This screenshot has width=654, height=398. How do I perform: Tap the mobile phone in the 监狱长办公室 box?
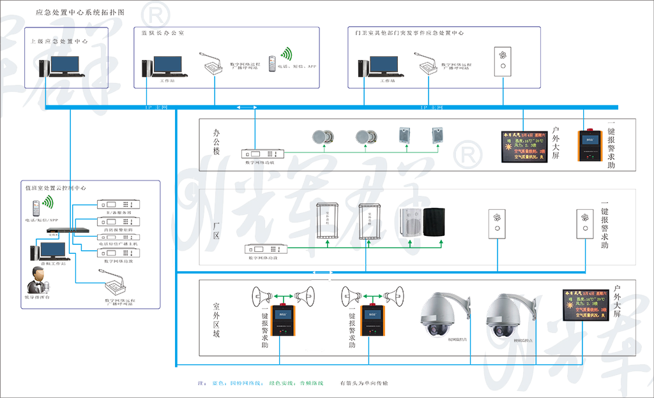pyautogui.click(x=272, y=63)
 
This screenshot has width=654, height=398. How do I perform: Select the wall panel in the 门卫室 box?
pyautogui.click(x=503, y=61)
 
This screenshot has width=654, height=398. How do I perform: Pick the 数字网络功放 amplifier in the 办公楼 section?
pyautogui.click(x=262, y=154)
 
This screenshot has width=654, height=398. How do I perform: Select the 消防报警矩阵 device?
pyautogui.click(x=116, y=221)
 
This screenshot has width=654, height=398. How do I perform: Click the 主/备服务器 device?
pyautogui.click(x=116, y=205)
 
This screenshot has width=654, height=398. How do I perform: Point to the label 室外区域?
pyautogui.click(x=216, y=318)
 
